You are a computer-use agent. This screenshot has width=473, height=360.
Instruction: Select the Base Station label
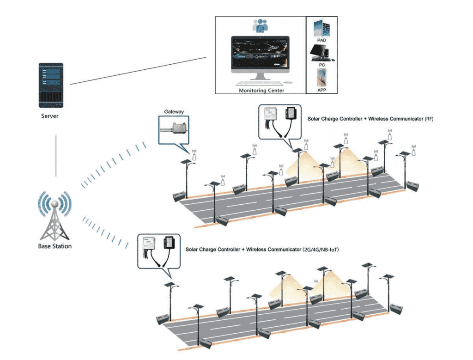(55, 246)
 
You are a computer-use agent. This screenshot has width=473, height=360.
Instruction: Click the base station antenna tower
(55, 217)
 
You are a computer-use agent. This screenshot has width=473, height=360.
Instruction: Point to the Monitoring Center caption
(261, 91)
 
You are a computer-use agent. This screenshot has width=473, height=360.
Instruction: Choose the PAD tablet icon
(321, 29)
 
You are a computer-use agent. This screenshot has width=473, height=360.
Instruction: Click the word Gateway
(174, 112)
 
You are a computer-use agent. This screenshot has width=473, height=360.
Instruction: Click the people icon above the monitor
(261, 25)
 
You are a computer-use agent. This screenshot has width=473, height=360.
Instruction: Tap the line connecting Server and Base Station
(56, 156)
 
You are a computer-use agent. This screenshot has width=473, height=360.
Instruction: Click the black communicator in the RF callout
(292, 113)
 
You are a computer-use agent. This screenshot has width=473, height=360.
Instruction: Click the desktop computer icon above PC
(322, 53)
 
